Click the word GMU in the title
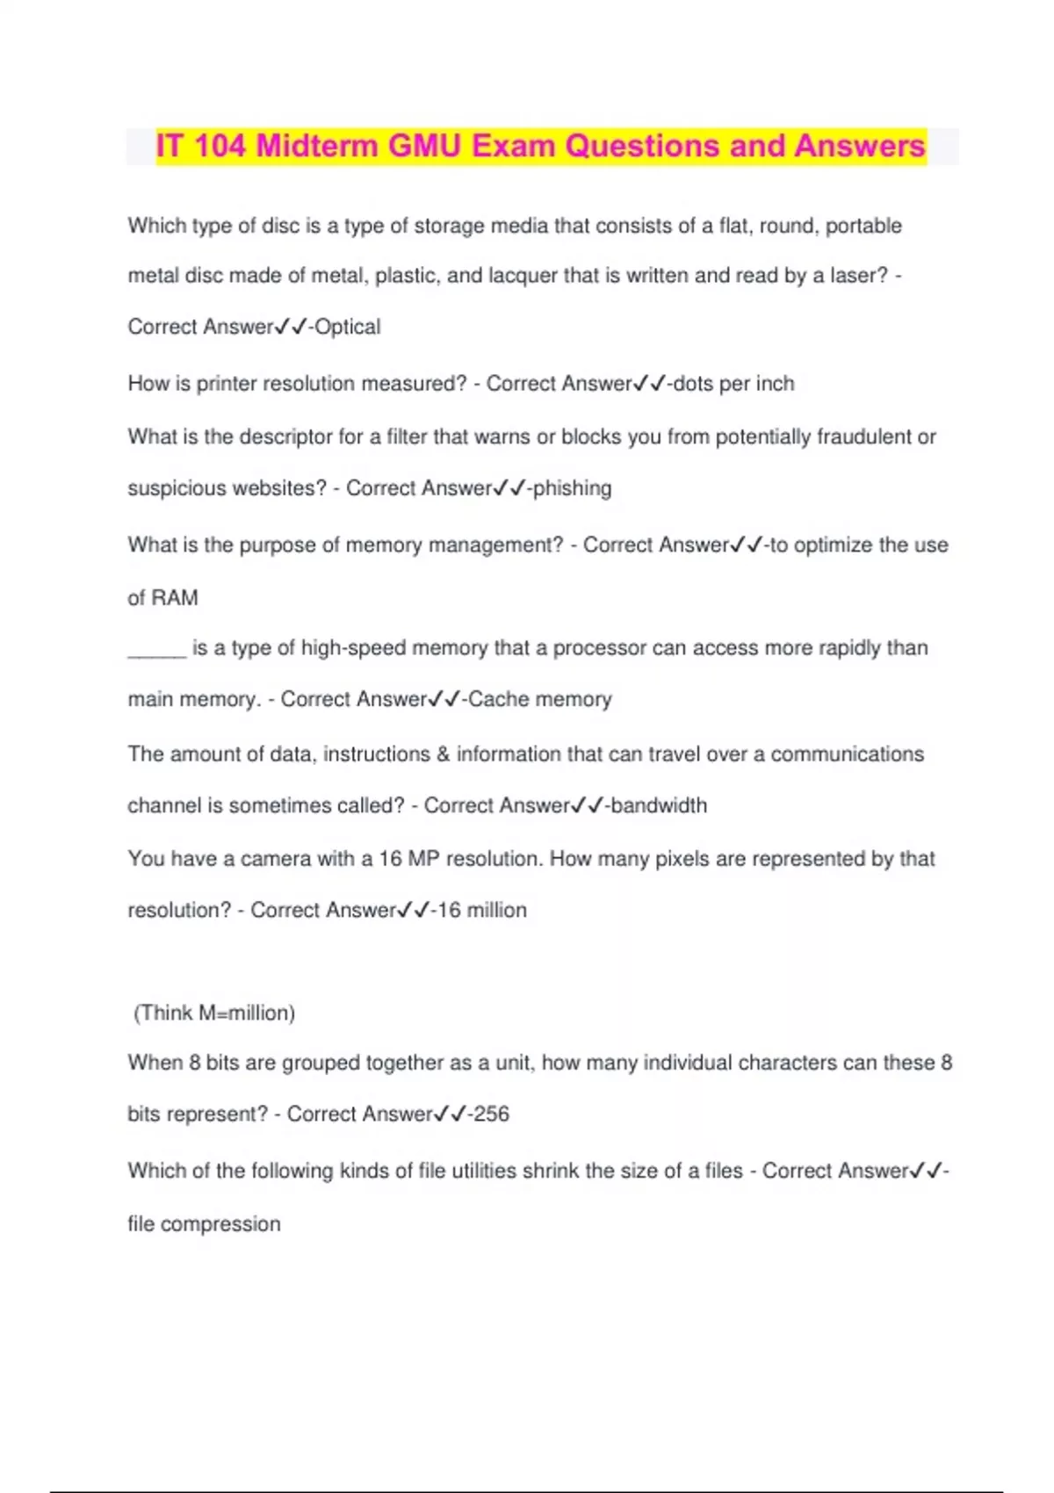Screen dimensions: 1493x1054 click(424, 146)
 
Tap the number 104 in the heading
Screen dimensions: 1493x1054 click(220, 146)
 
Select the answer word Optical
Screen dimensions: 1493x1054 click(348, 327)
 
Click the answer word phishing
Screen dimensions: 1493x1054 click(572, 488)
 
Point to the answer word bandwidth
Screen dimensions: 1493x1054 click(658, 805)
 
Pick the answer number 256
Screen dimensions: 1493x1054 click(491, 1114)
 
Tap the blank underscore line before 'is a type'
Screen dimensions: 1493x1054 click(156, 650)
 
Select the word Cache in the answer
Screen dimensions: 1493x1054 click(498, 699)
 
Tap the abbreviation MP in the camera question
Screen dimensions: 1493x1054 click(423, 859)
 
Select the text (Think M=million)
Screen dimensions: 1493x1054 click(213, 1013)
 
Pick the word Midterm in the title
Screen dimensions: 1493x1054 click(318, 146)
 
